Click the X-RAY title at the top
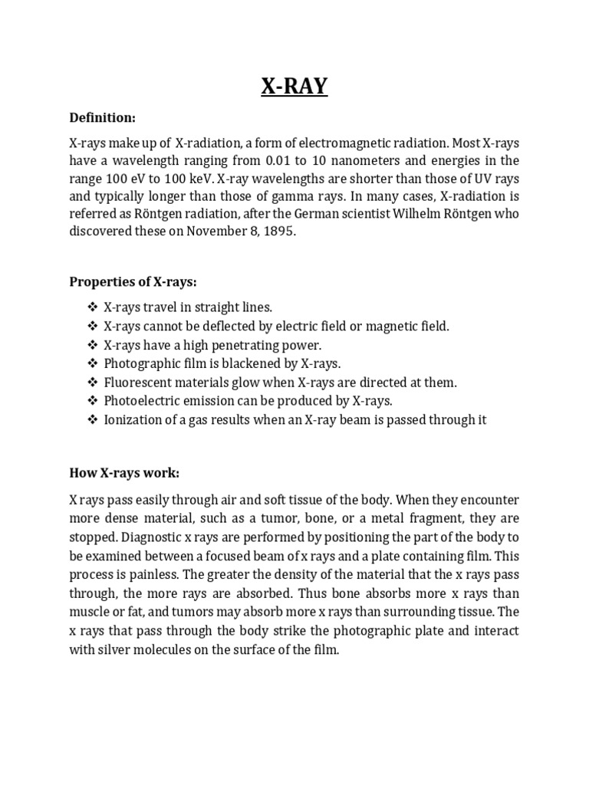294,87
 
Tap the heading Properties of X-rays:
133,281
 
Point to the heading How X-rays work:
124,472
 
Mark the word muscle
90,612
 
